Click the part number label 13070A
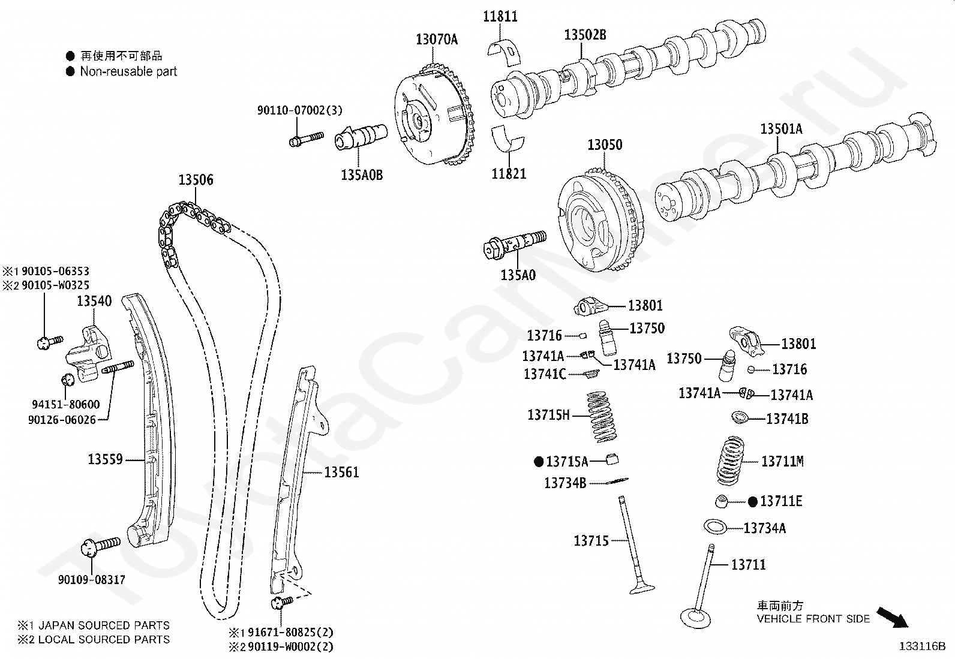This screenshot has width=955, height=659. [437, 40]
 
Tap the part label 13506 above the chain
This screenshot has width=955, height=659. [196, 180]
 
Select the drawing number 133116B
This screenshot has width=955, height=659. [921, 646]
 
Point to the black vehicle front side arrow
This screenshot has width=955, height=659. [892, 617]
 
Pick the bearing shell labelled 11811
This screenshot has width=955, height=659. [507, 50]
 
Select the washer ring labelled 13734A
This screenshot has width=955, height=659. [715, 527]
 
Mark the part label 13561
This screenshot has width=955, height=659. [341, 473]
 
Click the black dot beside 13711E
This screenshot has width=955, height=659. [753, 501]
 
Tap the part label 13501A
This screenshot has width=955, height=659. [781, 129]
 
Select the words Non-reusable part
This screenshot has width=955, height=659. [128, 72]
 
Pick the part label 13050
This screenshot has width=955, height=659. [605, 145]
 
